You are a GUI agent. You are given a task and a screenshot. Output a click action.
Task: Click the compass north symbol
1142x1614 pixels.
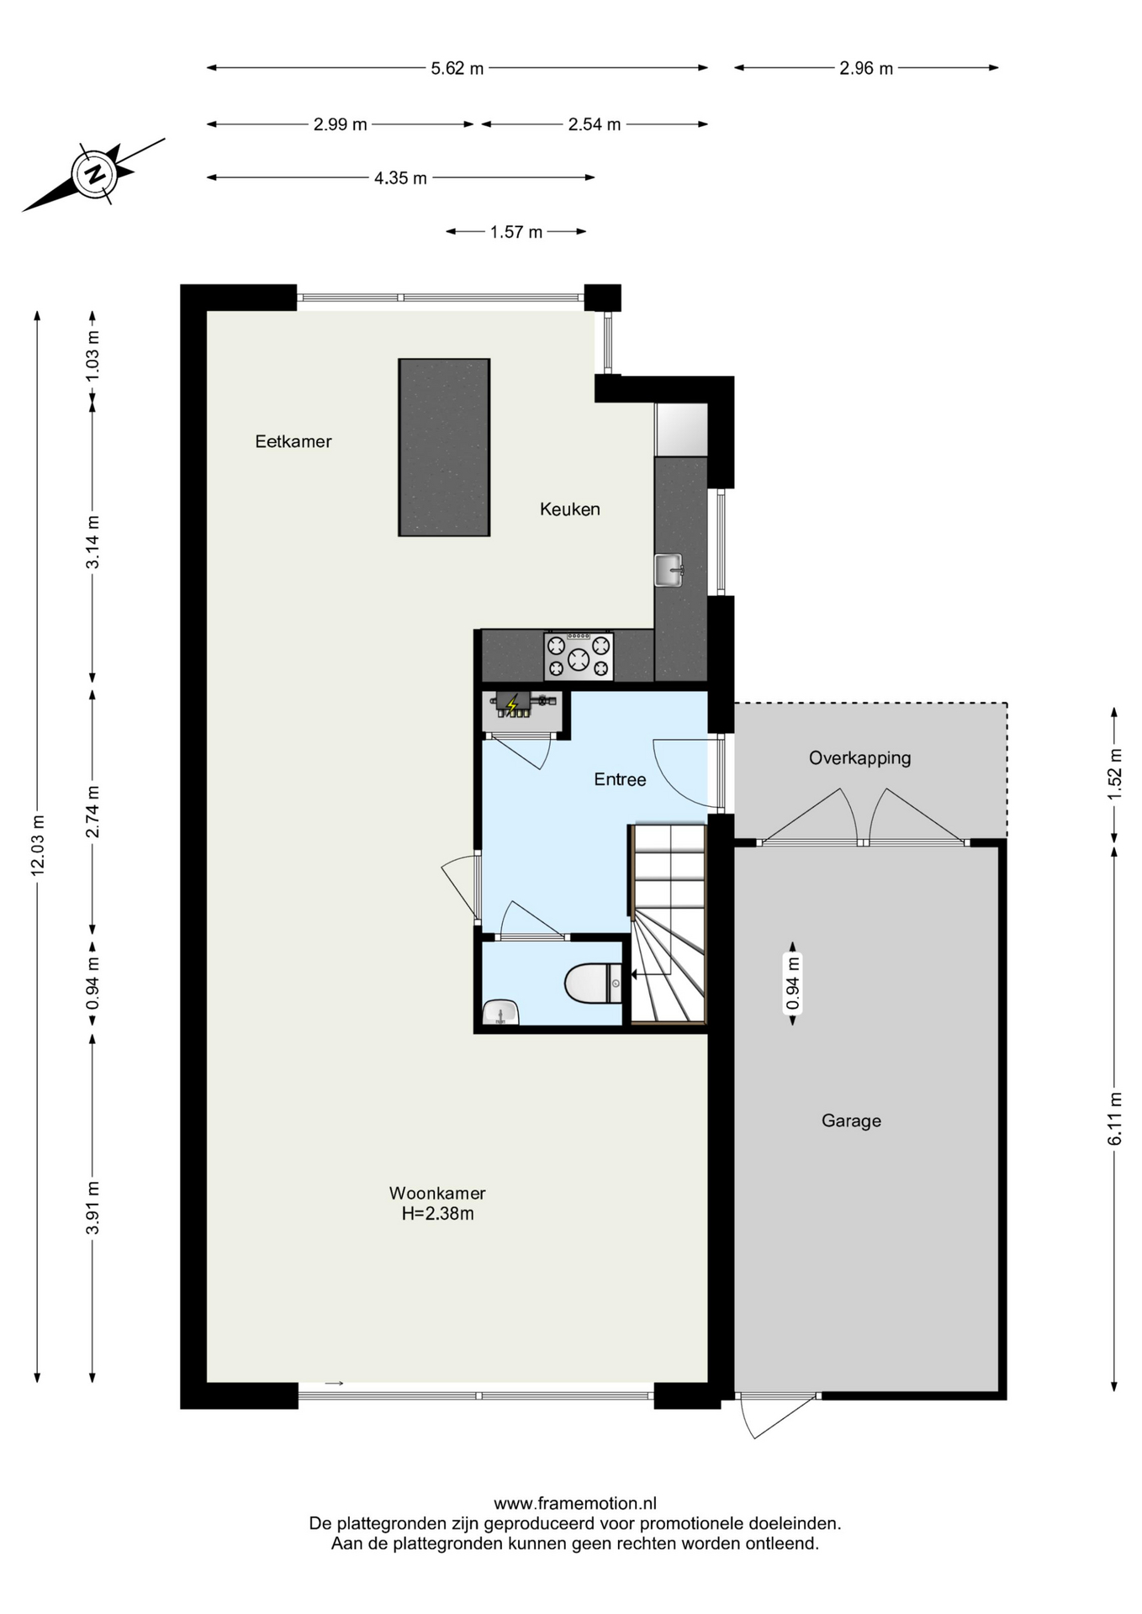tap(94, 174)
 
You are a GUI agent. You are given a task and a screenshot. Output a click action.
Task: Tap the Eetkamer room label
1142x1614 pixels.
tap(293, 441)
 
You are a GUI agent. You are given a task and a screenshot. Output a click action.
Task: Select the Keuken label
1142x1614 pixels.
tap(570, 509)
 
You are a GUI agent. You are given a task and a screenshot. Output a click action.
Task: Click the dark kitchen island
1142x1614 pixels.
tap(444, 447)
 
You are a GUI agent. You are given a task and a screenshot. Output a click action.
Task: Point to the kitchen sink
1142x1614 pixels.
tap(669, 570)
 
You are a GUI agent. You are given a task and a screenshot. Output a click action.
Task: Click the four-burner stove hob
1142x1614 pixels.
tap(579, 657)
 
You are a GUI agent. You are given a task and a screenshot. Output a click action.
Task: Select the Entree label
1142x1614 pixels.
tap(620, 779)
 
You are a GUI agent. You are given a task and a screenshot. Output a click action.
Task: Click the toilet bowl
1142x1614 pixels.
tap(594, 983)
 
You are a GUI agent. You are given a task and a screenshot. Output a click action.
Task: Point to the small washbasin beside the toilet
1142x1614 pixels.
tap(500, 1013)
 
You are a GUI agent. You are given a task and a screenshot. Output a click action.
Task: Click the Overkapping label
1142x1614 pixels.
tap(859, 758)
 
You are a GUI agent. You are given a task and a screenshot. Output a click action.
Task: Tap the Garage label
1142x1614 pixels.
tap(851, 1121)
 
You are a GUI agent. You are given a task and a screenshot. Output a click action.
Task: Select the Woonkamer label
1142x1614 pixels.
tap(437, 1193)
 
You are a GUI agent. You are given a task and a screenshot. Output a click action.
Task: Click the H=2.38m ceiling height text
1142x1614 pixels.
tap(437, 1214)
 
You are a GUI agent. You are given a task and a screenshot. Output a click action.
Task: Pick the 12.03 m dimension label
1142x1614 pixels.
tap(38, 845)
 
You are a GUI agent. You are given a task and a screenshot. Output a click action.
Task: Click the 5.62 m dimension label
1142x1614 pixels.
tap(457, 69)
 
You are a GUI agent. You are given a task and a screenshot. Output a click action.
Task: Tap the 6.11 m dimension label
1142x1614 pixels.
tap(1115, 1118)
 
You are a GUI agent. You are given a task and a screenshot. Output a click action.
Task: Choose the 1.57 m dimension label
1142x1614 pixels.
tap(516, 232)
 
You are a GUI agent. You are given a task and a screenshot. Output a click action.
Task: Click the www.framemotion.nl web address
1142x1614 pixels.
tap(575, 1504)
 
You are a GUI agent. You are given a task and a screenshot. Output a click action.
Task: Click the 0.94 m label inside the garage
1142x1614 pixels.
tap(792, 983)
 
